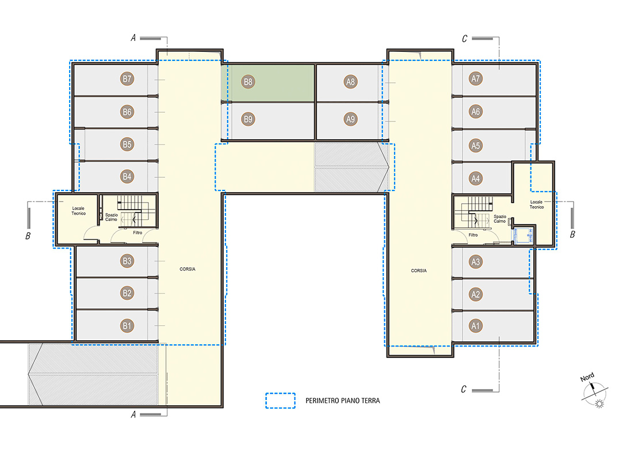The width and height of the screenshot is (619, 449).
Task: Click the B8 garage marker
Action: pos(248,82)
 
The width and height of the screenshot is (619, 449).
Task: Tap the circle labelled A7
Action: pos(476,79)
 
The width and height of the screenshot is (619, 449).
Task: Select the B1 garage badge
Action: pos(127,326)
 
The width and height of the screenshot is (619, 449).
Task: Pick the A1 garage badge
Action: pos(476,326)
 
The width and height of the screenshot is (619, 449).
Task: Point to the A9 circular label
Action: pos(350,119)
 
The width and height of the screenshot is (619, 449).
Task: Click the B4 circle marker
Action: pos(127,177)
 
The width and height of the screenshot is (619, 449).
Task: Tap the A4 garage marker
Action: pos(476,178)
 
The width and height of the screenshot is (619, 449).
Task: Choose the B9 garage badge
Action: pos(248,119)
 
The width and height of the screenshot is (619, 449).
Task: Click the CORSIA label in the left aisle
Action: pos(188,269)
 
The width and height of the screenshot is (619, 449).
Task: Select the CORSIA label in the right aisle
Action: pos(419,271)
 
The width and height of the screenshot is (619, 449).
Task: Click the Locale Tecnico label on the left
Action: pos(78,211)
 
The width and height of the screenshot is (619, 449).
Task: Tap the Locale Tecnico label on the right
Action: pos(537,204)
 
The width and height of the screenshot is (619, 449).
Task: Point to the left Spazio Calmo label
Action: pos(112,217)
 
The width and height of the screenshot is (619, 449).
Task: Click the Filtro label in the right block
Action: pos(473,235)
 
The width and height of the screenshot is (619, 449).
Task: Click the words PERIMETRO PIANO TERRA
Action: pos(343,401)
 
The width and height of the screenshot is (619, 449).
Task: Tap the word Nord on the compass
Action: pos(587,377)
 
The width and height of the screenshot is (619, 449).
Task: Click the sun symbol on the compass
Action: pos(599,404)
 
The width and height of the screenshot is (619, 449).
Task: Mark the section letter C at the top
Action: pos(464,39)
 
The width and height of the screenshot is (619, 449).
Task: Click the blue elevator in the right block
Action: pos(523,235)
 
